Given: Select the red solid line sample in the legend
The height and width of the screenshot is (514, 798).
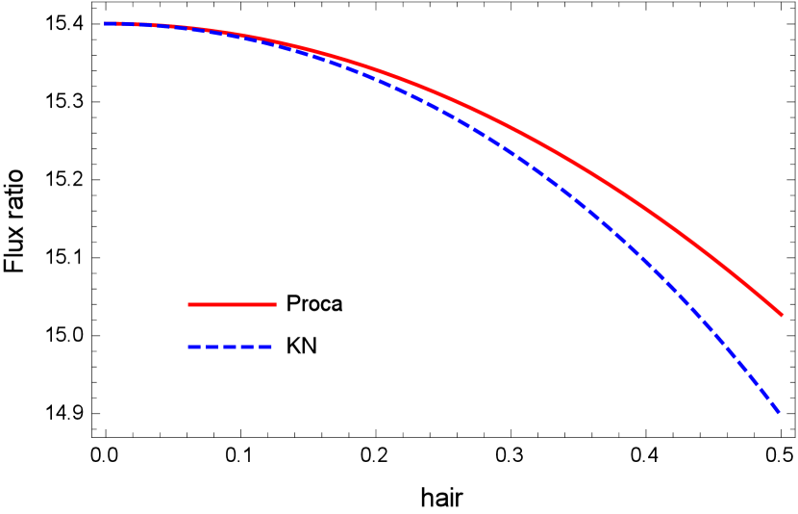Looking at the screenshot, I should (x=232, y=304).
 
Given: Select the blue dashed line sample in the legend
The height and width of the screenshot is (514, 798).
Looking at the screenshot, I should (x=231, y=347).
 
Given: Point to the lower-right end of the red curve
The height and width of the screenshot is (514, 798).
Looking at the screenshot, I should (x=782, y=315).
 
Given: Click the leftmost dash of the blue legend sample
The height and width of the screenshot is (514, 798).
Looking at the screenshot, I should (x=195, y=347).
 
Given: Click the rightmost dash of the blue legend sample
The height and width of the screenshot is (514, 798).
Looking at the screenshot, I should (x=266, y=347).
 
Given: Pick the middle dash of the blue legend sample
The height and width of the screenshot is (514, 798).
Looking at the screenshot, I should (x=231, y=347).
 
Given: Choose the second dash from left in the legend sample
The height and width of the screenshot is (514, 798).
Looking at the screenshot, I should (x=212, y=347).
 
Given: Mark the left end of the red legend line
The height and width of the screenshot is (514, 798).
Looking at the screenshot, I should (x=188, y=304).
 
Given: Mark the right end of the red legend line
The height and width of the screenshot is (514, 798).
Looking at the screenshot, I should (x=276, y=304).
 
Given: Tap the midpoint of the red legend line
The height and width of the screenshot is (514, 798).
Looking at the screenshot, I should (x=232, y=304).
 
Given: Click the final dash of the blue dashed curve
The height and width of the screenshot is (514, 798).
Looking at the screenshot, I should (x=773, y=404).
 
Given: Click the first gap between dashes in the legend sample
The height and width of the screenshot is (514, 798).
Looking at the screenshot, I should (x=204, y=347).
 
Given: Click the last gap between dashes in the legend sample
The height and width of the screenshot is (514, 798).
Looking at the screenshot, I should (x=258, y=347).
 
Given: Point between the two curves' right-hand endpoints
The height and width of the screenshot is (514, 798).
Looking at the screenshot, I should (x=781, y=364).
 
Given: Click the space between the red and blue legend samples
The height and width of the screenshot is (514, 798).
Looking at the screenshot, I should (x=232, y=325).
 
